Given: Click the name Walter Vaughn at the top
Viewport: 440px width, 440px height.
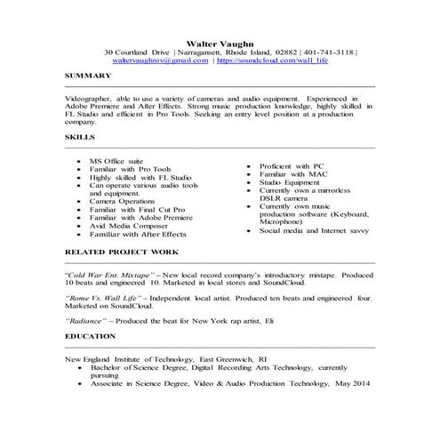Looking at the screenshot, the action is tap(220, 42).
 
